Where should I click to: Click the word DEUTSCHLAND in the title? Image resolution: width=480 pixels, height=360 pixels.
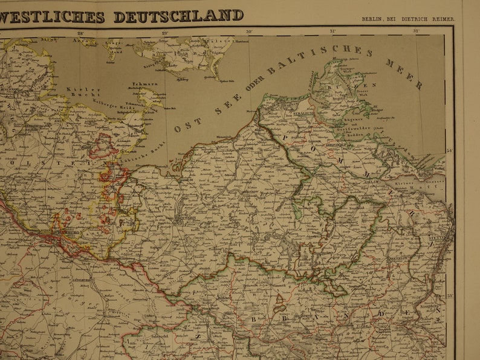(178, 16)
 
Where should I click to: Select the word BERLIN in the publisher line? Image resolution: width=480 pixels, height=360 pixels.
(373, 19)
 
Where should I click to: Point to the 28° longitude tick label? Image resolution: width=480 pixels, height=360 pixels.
(80, 33)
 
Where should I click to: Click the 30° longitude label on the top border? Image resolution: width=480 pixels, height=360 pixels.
(248, 31)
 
